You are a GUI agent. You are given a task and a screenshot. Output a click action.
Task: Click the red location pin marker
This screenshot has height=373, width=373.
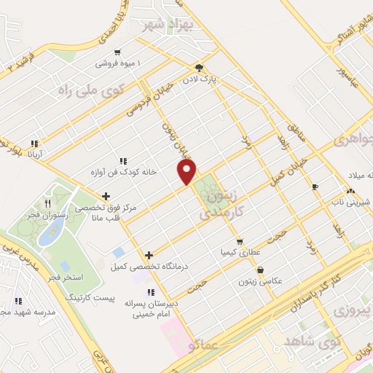point(188,172)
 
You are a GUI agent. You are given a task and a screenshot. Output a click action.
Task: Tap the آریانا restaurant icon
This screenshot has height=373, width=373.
point(34,144)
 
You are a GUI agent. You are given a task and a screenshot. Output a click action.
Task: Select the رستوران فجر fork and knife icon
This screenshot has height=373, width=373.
point(49,203)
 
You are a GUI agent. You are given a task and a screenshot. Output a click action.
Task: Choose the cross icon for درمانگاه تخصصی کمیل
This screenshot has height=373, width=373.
point(149,255)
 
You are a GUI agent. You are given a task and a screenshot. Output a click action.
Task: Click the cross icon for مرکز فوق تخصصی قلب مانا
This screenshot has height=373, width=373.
point(106,195)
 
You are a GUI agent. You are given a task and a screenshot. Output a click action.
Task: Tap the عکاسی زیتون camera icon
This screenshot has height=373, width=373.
point(260,269)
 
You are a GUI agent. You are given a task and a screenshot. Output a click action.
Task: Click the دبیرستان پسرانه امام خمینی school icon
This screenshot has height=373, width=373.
point(150,292)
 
